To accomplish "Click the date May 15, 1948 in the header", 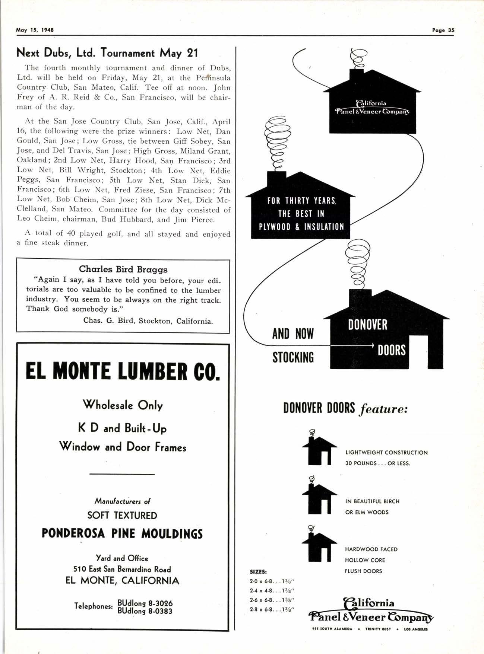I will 35,30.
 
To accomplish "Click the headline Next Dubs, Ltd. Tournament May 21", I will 107,53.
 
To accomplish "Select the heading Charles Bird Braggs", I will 123,269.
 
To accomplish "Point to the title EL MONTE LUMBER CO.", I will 123,371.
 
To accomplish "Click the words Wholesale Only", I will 123,405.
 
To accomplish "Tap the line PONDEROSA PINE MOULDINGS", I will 122,533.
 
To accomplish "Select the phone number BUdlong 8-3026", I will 145,603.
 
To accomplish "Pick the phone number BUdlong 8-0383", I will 145,611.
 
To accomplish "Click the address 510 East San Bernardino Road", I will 122,569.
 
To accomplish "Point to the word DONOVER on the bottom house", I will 368,325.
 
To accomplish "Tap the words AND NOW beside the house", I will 293,334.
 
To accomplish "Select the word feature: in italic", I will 384,409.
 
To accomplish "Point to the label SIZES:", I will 259,572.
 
